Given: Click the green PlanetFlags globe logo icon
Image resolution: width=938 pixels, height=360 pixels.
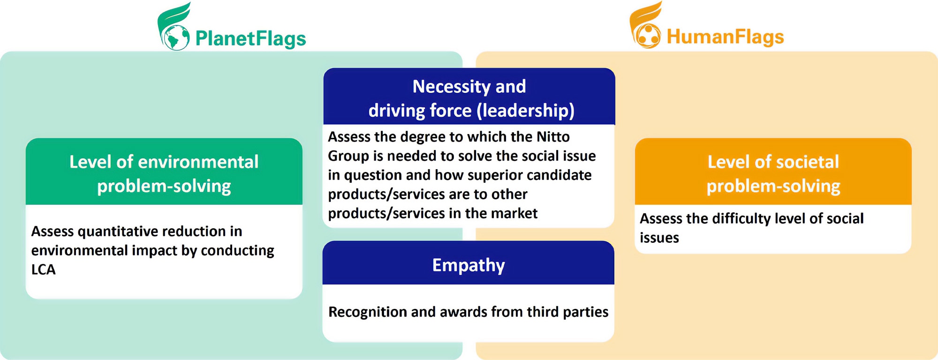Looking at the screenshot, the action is (174, 26).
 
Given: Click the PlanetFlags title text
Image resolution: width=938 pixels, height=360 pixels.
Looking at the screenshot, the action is (250, 38).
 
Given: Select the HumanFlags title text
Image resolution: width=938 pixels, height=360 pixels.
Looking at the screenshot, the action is (725, 37).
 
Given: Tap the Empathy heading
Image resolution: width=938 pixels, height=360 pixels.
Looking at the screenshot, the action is (469, 265).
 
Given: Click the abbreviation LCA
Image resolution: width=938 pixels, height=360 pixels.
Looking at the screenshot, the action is (43, 270).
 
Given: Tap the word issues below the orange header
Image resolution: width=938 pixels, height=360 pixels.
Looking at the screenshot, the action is (659, 238).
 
